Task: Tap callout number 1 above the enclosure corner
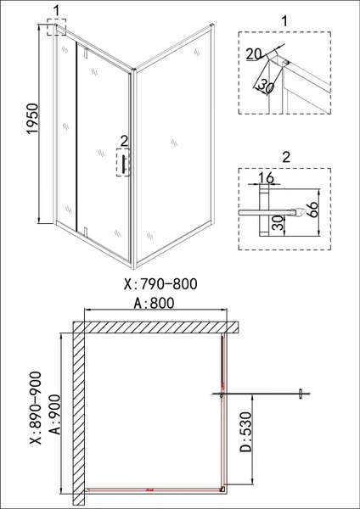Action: click(x=57, y=11)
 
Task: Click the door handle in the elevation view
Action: click(x=125, y=165)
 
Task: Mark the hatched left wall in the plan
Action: click(x=78, y=416)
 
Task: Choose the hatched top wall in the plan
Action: click(x=153, y=327)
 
